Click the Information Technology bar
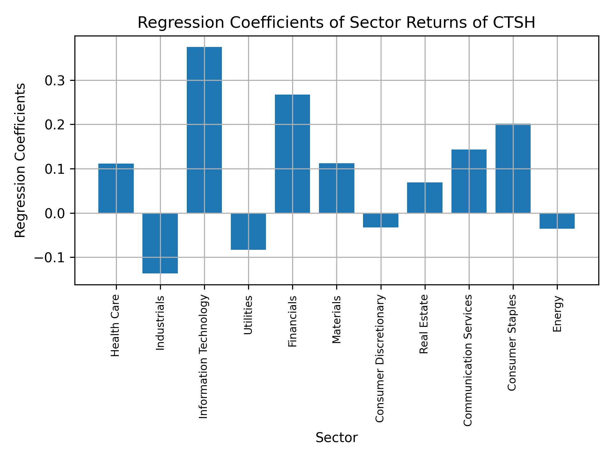(x=204, y=130)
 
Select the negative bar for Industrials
(x=160, y=243)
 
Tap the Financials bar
(x=292, y=154)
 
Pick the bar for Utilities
(x=248, y=231)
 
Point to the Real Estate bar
(x=425, y=198)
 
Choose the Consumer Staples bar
(x=513, y=168)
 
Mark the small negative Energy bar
(x=557, y=221)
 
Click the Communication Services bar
(x=469, y=181)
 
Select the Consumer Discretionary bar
(x=381, y=220)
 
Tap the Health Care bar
(x=116, y=188)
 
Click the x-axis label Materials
(x=337, y=319)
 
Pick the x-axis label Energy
(x=557, y=314)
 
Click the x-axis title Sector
(x=337, y=438)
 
